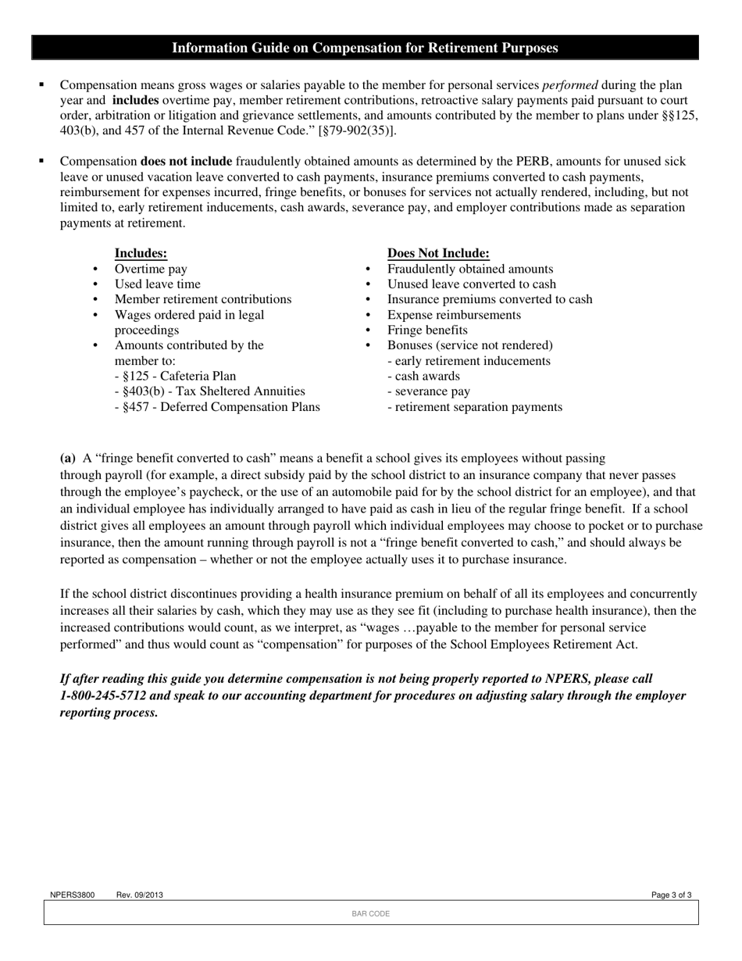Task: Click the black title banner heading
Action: point(365,48)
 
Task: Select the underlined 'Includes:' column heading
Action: point(141,253)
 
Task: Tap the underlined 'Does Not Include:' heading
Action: point(438,253)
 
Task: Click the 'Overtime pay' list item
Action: point(151,269)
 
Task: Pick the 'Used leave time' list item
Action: point(157,284)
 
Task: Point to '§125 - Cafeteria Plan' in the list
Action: point(175,376)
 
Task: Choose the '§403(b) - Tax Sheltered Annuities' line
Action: point(209,391)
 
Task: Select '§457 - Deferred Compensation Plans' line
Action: point(217,407)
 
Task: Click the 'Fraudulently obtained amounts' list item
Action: point(470,269)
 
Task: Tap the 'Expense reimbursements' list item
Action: point(454,315)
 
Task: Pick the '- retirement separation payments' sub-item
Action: point(474,407)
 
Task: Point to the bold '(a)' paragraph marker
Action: point(68,458)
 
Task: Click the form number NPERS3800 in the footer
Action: point(72,895)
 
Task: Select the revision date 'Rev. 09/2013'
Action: point(140,895)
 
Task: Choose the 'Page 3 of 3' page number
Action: point(671,895)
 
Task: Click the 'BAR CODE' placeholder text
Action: point(370,913)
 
